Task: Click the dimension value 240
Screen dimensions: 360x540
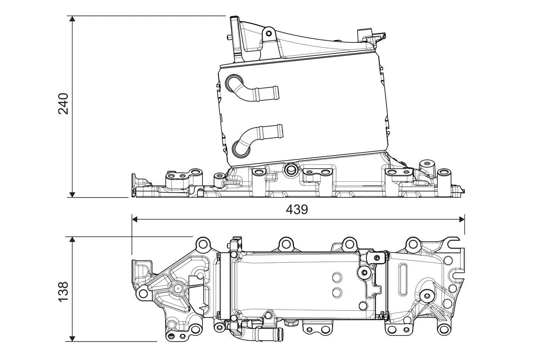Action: (x=63, y=103)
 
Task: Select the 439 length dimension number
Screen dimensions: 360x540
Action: (x=296, y=209)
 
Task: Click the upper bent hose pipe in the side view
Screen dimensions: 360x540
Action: (x=252, y=91)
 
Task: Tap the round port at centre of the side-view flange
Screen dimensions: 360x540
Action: (x=291, y=170)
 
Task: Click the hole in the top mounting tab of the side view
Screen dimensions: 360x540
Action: (x=269, y=33)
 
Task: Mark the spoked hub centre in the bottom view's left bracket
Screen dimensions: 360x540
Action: (x=177, y=288)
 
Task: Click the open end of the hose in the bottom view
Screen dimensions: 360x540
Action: (x=280, y=335)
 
